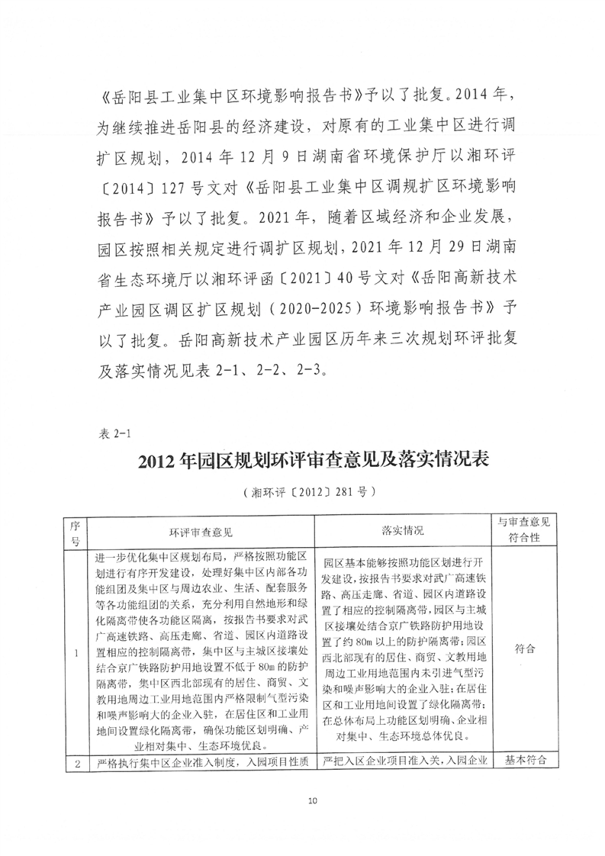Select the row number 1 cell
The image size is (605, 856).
click(75, 652)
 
